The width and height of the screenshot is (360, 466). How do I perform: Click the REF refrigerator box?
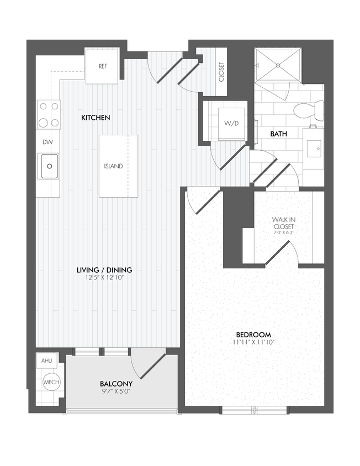pyautogui.click(x=102, y=66)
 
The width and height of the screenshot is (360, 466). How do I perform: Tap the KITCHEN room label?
pyautogui.click(x=96, y=118)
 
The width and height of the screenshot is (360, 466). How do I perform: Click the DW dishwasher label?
pyautogui.click(x=47, y=142)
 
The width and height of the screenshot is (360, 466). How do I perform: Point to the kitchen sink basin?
pyautogui.click(x=49, y=166)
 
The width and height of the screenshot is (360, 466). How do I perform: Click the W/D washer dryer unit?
pyautogui.click(x=231, y=123)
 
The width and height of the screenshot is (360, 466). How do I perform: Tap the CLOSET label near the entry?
pyautogui.click(x=222, y=72)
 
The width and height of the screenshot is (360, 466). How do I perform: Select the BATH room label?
pyautogui.click(x=278, y=134)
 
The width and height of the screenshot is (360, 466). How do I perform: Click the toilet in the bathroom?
pyautogui.click(x=308, y=110)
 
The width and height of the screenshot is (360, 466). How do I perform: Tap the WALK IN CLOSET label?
pyautogui.click(x=283, y=223)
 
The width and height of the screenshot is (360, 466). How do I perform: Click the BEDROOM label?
pyautogui.click(x=253, y=335)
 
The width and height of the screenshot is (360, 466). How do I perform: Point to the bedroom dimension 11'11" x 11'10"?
pyautogui.click(x=253, y=343)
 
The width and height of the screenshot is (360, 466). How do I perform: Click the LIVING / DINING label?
pyautogui.click(x=104, y=270)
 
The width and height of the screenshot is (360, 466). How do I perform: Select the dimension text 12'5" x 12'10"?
pyautogui.click(x=104, y=278)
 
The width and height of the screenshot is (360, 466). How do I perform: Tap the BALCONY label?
pyautogui.click(x=116, y=384)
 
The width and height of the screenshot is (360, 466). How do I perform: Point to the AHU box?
pyautogui.click(x=45, y=361)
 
